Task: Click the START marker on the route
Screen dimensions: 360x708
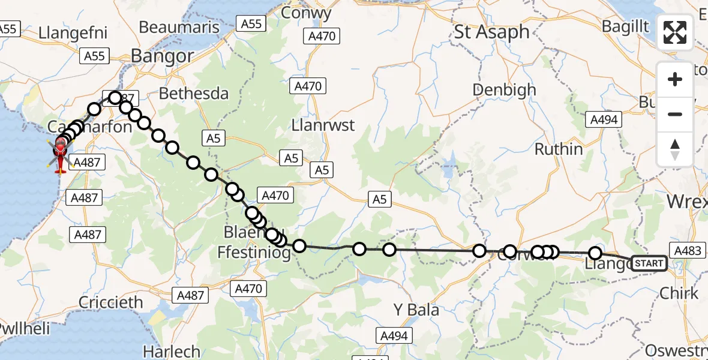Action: pyautogui.click(x=649, y=263)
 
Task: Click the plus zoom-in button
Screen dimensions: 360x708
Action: pyautogui.click(x=675, y=79)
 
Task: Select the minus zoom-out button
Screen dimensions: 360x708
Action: pyautogui.click(x=675, y=114)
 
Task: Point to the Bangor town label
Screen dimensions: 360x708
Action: pyautogui.click(x=162, y=56)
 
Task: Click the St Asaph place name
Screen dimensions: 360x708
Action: pyautogui.click(x=491, y=32)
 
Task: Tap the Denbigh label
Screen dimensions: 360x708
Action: pyautogui.click(x=504, y=90)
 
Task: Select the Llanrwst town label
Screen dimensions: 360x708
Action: pyautogui.click(x=322, y=126)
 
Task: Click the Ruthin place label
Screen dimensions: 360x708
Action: pyautogui.click(x=558, y=149)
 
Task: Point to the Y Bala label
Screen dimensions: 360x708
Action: pyautogui.click(x=416, y=310)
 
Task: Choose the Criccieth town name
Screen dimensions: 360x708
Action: pyautogui.click(x=111, y=302)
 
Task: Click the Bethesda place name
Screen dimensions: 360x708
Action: pyautogui.click(x=193, y=94)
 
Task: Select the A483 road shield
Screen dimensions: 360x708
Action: pyautogui.click(x=688, y=251)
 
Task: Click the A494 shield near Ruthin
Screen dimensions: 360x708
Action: pyautogui.click(x=604, y=119)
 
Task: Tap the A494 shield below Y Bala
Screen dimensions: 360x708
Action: pyautogui.click(x=394, y=336)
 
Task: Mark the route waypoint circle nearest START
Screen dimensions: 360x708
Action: pyautogui.click(x=595, y=254)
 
